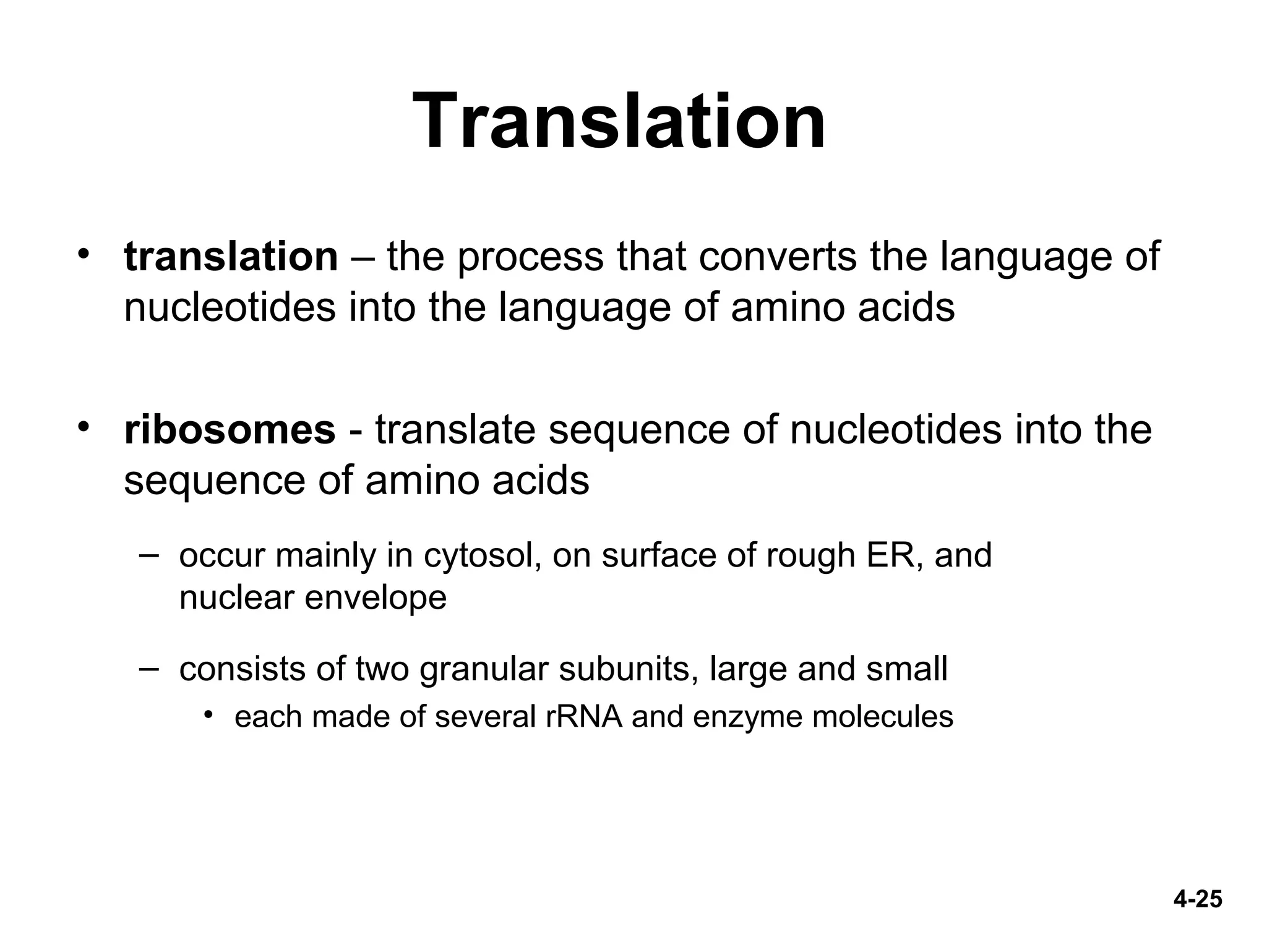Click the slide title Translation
coord(619,121)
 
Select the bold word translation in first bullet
coord(231,257)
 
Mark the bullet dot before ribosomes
coord(84,427)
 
